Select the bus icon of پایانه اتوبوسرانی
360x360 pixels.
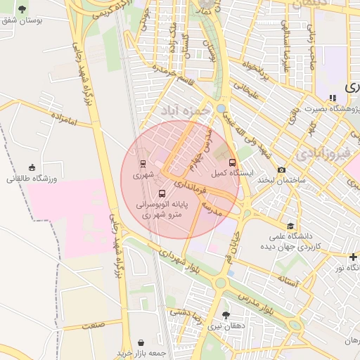click(x=162, y=193)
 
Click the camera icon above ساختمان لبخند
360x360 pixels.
click(x=282, y=169)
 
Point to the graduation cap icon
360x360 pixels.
click(x=271, y=225)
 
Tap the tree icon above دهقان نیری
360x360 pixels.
click(x=225, y=316)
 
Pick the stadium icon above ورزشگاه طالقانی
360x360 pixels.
click(x=32, y=167)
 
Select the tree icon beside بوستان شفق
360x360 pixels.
click(x=22, y=9)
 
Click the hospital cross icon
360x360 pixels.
click(x=353, y=257)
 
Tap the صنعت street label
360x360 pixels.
click(x=93, y=325)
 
